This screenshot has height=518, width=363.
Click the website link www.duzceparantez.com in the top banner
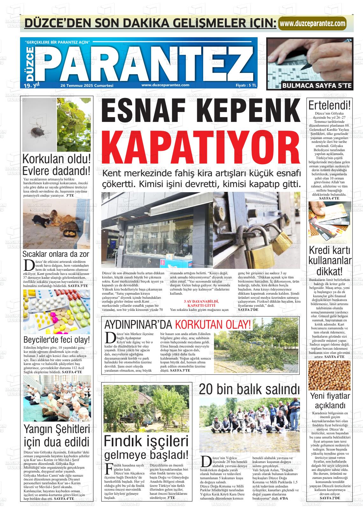[312, 24]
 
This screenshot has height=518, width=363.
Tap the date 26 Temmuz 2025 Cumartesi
[87, 85]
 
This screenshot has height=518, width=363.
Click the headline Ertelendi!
[330, 106]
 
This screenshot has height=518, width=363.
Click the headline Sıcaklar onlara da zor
[56, 254]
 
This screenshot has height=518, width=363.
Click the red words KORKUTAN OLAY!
[213, 325]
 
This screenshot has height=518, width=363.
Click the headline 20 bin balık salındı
[249, 388]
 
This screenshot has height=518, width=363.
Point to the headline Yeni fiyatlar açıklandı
[330, 401]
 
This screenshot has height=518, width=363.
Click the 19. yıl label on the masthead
[31, 85]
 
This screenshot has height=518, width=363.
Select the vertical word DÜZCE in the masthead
[29, 63]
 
